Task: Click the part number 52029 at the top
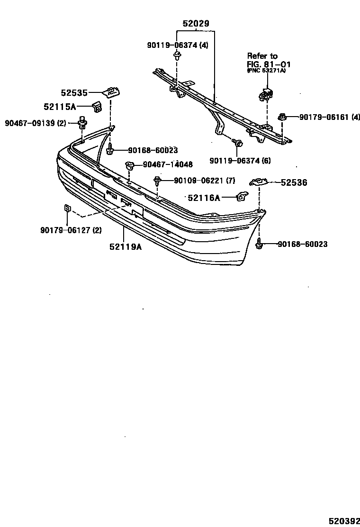pyautogui.click(x=196, y=23)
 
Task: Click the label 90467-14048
pyautogui.click(x=168, y=164)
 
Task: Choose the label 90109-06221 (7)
pyautogui.click(x=204, y=180)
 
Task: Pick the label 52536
pyautogui.click(x=294, y=182)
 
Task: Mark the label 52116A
pyautogui.click(x=204, y=198)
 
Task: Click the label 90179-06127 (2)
pyautogui.click(x=71, y=230)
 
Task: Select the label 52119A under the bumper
pyautogui.click(x=126, y=246)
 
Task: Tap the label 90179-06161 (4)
pyautogui.click(x=330, y=117)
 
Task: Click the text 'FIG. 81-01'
pyautogui.click(x=269, y=64)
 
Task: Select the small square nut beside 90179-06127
pyautogui.click(x=67, y=209)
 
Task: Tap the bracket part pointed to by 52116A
pyautogui.click(x=242, y=196)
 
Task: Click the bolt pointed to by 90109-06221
pyautogui.click(x=157, y=180)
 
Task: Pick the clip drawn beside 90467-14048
pyautogui.click(x=129, y=165)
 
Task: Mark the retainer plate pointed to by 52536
pyautogui.click(x=259, y=182)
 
